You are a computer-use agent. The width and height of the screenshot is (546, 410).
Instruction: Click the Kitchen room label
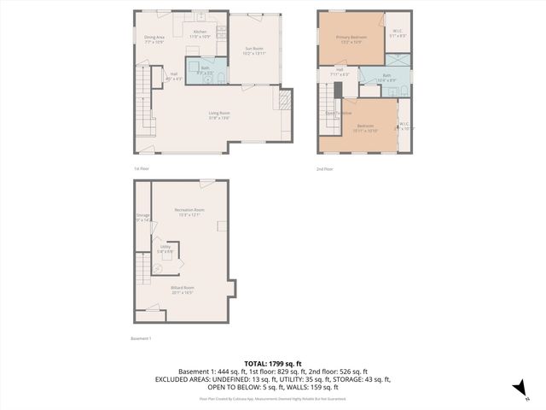coord(199,33)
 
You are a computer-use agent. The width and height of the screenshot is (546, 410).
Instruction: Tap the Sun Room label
coord(254,50)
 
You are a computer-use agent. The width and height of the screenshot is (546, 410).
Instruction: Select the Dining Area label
coord(154,38)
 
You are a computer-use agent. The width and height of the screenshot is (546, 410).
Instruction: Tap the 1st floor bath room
coord(206,71)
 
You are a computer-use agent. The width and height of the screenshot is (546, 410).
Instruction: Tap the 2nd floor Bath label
coord(386,78)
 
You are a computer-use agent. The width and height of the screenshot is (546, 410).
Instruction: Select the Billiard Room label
coord(183,290)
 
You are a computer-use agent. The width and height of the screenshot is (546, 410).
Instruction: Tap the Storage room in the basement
coord(142,218)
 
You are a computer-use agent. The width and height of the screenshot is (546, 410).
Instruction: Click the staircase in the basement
coord(142,273)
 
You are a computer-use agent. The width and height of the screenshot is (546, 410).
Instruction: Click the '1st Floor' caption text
coord(142,168)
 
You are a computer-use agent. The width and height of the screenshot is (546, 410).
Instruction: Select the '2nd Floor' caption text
coord(325,168)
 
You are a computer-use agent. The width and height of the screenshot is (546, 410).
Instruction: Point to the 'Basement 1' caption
coord(141,339)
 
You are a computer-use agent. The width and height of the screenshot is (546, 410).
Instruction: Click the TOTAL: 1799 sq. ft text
coord(272,364)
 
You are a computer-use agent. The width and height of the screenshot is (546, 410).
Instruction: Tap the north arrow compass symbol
coord(517,389)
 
